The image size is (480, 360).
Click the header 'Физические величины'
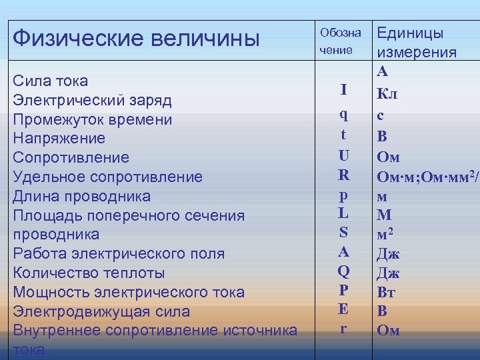point(136,37)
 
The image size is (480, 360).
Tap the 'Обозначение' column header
point(340,41)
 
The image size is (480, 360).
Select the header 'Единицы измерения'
point(417,43)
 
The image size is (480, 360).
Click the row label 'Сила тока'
point(51,81)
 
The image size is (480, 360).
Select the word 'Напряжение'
point(59,139)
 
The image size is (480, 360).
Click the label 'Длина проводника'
point(81,196)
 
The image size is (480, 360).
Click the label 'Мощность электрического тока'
point(129,292)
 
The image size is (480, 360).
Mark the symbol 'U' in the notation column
point(343,155)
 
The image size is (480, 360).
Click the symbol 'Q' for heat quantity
point(343,271)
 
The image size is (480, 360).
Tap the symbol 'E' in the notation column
point(343,309)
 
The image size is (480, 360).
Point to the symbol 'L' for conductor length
point(343,213)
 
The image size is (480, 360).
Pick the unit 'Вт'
point(387,291)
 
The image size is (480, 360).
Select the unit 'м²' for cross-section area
point(387,235)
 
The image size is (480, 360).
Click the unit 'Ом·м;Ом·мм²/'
point(427,177)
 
